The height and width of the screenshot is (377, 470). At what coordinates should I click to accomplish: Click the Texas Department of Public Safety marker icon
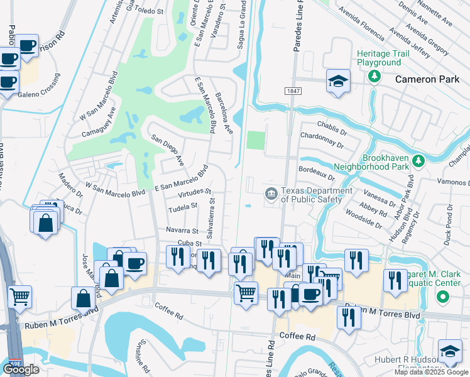tap(271, 193)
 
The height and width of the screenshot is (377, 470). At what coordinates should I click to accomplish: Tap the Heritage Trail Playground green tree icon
tap(375, 77)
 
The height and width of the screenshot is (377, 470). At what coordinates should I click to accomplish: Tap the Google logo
tap(21, 369)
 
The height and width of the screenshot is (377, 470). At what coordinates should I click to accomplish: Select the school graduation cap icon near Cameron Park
tap(338, 81)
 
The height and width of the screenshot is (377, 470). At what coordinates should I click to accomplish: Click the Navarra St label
tap(182, 231)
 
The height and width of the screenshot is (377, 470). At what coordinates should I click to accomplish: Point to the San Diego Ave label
tap(167, 148)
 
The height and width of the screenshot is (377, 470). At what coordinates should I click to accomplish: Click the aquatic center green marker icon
tap(443, 297)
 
